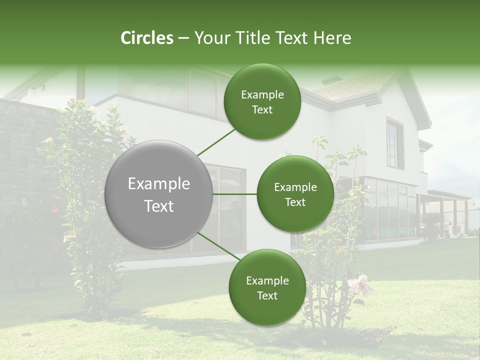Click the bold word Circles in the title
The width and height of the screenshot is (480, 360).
point(147,38)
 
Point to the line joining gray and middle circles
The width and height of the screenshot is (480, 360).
point(234,194)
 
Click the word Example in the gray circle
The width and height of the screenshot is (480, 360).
point(158,184)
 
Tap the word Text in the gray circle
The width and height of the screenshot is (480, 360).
point(158,206)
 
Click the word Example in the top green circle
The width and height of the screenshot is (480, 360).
point(262,95)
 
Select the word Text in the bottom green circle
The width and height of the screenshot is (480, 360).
point(267,295)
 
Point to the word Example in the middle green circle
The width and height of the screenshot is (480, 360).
point(295,187)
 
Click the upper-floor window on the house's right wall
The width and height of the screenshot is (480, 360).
point(394,143)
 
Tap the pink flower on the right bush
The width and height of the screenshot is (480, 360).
point(359,285)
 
